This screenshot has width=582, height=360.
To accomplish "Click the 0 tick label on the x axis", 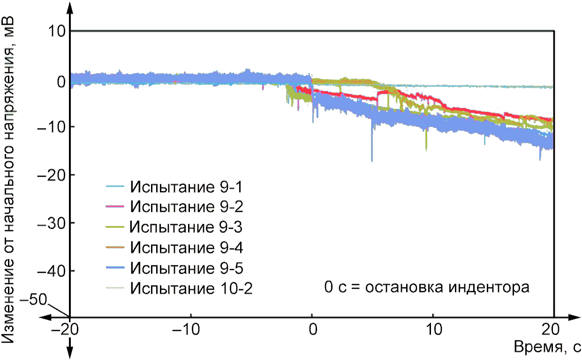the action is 313,330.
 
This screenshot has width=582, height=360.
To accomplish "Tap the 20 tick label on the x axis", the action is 551,330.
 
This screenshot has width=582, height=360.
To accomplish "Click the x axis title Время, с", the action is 547,347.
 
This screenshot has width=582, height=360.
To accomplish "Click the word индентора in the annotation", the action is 489,287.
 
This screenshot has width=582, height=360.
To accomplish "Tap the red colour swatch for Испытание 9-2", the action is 115,206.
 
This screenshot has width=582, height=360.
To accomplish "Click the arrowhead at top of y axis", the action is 69,8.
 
